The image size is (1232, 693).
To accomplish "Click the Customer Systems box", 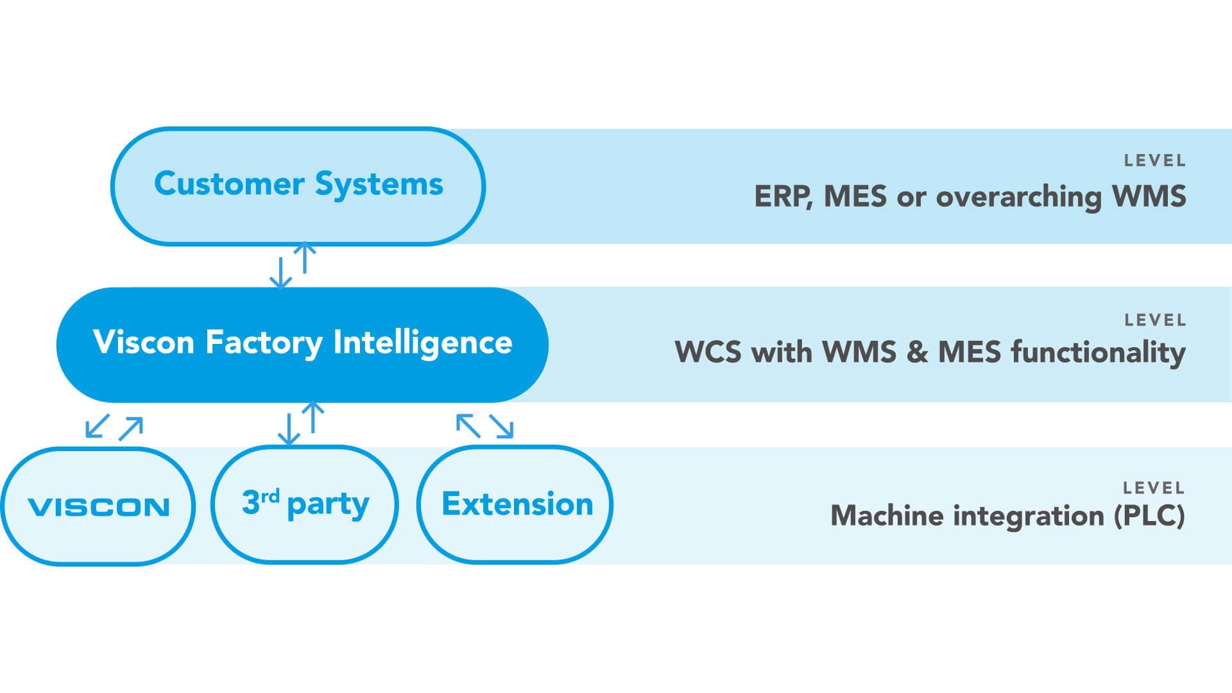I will coord(298,186).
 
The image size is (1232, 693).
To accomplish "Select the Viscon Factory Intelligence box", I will coord(302,344).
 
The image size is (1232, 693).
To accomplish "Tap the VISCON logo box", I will coord(98,506).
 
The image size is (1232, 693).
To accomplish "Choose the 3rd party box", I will coord(305,504).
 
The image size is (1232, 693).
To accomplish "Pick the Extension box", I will coord(516,504).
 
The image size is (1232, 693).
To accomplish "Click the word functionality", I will coord(1098,352).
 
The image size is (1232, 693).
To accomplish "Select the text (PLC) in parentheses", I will coord(1149,516).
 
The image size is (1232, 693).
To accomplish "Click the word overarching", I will coord(1019,196).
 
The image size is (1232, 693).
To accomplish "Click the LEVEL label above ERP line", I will coord(1154,160).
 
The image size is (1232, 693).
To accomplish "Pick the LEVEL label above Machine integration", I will coord(1153,488).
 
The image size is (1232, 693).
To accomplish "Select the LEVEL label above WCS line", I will coord(1154,320).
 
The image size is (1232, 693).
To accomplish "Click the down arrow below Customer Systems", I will coord(280,273).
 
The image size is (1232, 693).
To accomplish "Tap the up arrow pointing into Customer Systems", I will coord(305,257).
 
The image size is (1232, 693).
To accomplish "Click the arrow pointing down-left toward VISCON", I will coord(97,426).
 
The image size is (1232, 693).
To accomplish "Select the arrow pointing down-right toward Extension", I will coord(502,426).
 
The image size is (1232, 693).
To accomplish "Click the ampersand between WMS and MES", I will coord(917,352).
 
